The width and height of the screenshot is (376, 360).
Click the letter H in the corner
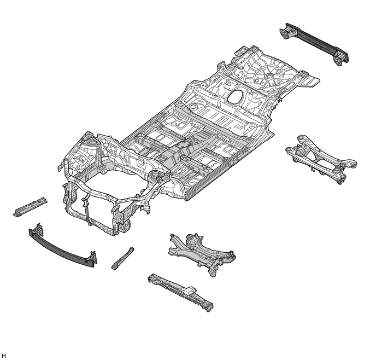tap(3, 356)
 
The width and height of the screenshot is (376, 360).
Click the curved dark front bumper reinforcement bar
tap(63, 247)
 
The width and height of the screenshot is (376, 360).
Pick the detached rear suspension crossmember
tap(321, 159)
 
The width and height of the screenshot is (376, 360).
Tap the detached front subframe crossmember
tap(202, 254)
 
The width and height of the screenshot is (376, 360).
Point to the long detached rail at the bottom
tap(181, 292)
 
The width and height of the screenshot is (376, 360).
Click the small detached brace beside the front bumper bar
tap(123, 258)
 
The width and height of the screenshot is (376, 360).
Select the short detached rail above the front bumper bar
tap(30, 207)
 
